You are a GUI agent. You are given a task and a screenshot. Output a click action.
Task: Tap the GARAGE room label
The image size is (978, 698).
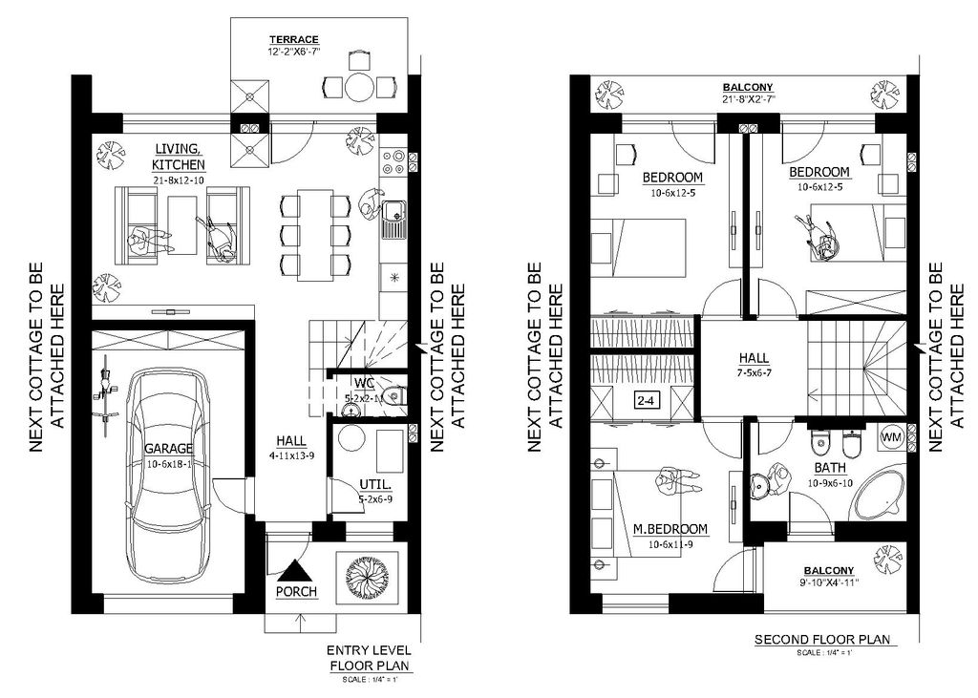(168, 447)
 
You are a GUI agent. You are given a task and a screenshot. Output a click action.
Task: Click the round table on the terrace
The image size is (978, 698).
(360, 88)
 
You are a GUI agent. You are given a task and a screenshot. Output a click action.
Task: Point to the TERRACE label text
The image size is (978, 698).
(293, 39)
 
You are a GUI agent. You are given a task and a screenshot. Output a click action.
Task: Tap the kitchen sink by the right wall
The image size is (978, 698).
(393, 222)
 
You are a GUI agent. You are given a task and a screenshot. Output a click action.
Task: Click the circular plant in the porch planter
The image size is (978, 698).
(365, 575)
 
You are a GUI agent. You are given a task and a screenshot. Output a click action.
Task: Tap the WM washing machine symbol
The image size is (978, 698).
(891, 436)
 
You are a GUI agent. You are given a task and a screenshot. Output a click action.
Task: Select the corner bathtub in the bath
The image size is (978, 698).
(878, 494)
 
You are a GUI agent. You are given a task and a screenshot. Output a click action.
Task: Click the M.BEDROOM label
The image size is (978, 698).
(670, 529)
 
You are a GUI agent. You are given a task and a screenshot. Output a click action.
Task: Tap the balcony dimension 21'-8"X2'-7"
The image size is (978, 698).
(747, 98)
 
